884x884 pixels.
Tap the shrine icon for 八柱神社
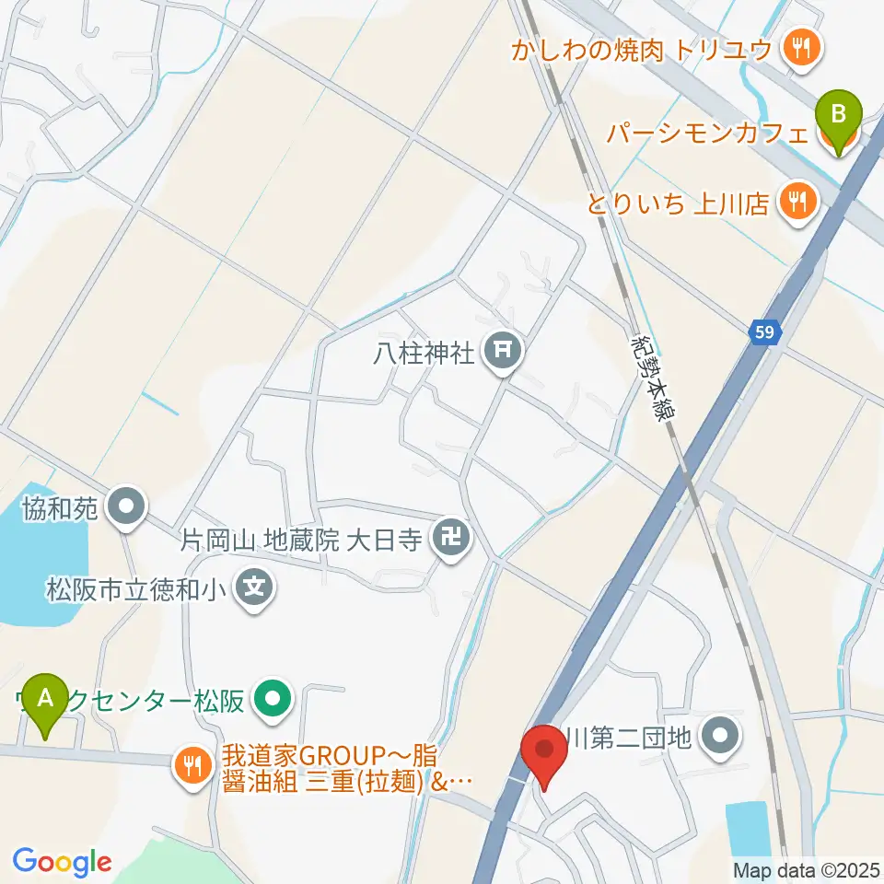(503, 350)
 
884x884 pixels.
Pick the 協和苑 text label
(62, 508)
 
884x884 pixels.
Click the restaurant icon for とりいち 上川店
(795, 200)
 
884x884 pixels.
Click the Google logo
(62, 861)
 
